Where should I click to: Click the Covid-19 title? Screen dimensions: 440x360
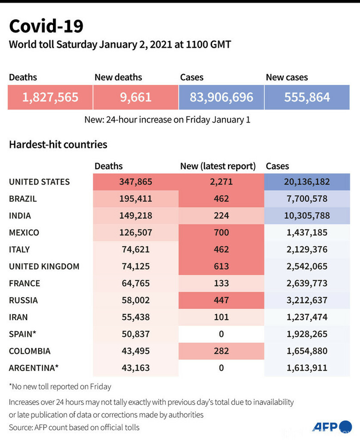(x=46, y=26)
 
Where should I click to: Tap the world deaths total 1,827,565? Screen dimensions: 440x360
(x=50, y=97)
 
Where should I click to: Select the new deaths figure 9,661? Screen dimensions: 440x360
(x=136, y=97)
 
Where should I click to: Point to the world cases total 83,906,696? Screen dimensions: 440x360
(x=221, y=97)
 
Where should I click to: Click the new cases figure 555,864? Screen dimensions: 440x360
(x=307, y=97)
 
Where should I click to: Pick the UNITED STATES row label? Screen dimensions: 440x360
(x=39, y=182)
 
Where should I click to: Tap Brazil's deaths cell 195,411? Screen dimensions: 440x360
(x=136, y=199)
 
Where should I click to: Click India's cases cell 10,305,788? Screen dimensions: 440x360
(x=307, y=216)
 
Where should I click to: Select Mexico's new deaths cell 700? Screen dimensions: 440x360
(x=221, y=232)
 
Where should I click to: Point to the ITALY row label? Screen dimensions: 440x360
(x=20, y=249)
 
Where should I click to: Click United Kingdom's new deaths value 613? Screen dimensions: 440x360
(x=221, y=266)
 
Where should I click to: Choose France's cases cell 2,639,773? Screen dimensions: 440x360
(x=307, y=283)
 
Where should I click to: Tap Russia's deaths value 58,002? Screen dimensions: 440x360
(x=136, y=300)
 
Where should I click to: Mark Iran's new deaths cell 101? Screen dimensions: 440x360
(x=221, y=317)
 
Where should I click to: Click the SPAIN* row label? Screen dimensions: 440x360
(x=23, y=334)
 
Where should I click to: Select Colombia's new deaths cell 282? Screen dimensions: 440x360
(x=221, y=351)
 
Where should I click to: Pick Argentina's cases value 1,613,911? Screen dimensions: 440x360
(x=307, y=368)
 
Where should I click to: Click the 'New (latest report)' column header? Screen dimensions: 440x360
(x=218, y=166)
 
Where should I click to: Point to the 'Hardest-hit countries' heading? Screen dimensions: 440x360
(x=58, y=144)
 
